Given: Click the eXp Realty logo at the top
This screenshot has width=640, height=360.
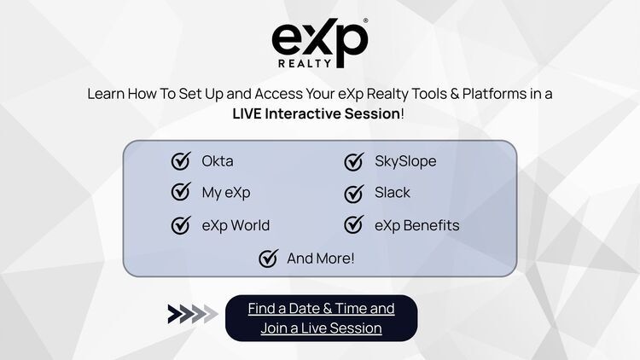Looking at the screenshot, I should pos(319,40).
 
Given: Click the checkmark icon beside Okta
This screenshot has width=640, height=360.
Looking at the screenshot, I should pos(181,161).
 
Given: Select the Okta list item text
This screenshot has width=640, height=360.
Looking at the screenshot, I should pos(218,161).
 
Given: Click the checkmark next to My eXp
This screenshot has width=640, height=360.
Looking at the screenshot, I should pos(181,192).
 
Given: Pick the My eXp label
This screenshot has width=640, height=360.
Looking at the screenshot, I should pos(226,192).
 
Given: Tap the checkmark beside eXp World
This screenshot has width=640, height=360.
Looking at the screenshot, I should pos(181,225).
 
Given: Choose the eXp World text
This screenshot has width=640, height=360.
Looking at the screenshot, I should pos(236,225).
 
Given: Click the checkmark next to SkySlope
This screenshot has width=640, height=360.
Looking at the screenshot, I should pos(353,161).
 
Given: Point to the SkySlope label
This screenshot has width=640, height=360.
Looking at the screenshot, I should pos(405,161).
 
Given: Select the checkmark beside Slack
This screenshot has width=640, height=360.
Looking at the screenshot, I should pos(353,193).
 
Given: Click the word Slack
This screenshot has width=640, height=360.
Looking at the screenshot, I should pos(393,192).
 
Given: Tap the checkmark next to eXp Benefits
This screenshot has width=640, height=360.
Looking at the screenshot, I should pos(353,225).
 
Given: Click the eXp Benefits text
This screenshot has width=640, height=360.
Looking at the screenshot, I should pos(416,225).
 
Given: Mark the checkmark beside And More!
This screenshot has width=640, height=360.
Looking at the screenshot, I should pos(269,258).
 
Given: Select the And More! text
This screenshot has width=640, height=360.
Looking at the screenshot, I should pos(321,258).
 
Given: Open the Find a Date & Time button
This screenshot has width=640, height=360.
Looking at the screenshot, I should pos(321,317).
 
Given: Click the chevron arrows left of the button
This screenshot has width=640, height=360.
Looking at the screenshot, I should pos(192,314).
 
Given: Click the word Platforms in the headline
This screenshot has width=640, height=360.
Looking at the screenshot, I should pos(471,94).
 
